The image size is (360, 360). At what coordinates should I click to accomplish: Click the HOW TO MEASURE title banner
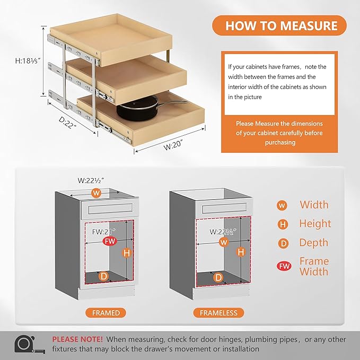tap(281, 25)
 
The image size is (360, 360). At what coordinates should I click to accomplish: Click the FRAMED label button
tap(106, 313)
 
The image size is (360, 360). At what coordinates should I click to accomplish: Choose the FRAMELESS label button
tap(218, 313)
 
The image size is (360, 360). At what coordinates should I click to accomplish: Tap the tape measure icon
tap(27, 344)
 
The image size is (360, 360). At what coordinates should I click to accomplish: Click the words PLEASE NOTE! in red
tap(77, 339)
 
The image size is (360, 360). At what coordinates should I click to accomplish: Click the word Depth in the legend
tap(314, 243)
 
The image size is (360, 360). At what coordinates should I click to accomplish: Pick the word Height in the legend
tap(315, 224)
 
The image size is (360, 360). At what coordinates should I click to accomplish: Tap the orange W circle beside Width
tap(283, 205)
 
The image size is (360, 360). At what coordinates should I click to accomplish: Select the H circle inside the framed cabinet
tap(126, 253)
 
